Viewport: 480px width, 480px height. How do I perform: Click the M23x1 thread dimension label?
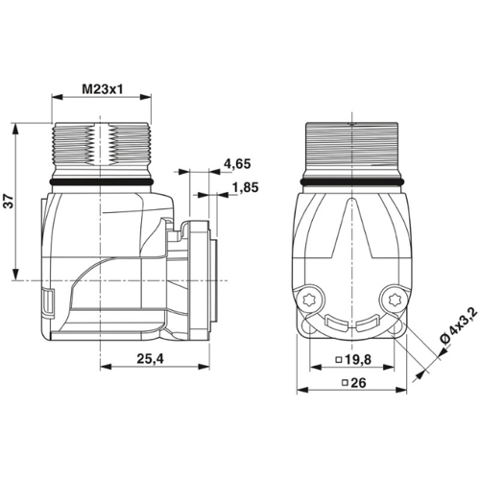coord(101,89)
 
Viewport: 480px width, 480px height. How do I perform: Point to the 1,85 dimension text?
coord(245,188)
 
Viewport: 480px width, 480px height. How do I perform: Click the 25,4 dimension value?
coord(148,358)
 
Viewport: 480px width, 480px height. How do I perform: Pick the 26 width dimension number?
coord(353,384)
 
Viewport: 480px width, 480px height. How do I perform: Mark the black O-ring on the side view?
coord(101,180)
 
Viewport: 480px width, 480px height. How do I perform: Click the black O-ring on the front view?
coord(351,180)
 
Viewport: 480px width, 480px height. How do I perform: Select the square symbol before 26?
coord(341,384)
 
